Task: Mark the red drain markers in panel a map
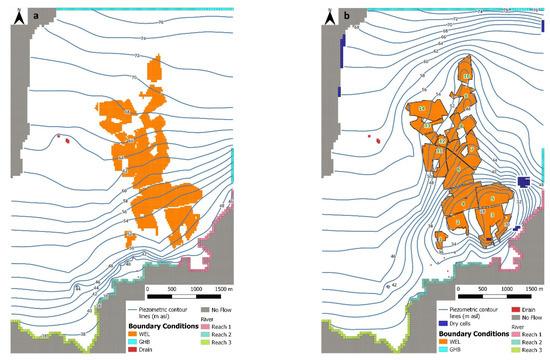66,140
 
